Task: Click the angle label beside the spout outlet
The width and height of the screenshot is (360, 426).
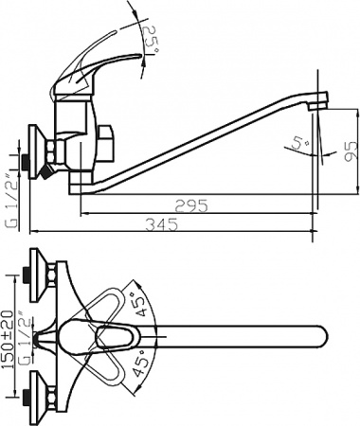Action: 299,143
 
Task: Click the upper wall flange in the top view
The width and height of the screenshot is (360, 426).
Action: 40,269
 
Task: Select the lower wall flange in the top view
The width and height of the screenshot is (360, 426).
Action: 40,398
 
